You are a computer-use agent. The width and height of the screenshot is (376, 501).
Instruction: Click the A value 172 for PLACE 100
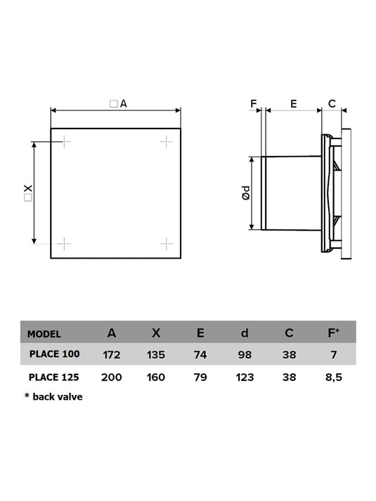112,355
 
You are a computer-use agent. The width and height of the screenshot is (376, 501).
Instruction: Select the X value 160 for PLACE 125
155,377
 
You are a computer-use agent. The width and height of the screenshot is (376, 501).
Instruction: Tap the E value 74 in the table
200,355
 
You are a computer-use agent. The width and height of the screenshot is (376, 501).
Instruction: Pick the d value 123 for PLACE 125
245,377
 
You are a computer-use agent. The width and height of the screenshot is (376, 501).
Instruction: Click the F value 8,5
334,377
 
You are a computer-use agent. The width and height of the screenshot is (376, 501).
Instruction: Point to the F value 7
334,355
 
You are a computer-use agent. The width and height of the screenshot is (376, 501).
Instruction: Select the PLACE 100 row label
54,354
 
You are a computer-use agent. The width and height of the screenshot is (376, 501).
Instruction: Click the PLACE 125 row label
53,377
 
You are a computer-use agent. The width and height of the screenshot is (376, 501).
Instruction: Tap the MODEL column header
44,334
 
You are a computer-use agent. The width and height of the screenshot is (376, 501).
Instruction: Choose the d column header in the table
245,333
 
